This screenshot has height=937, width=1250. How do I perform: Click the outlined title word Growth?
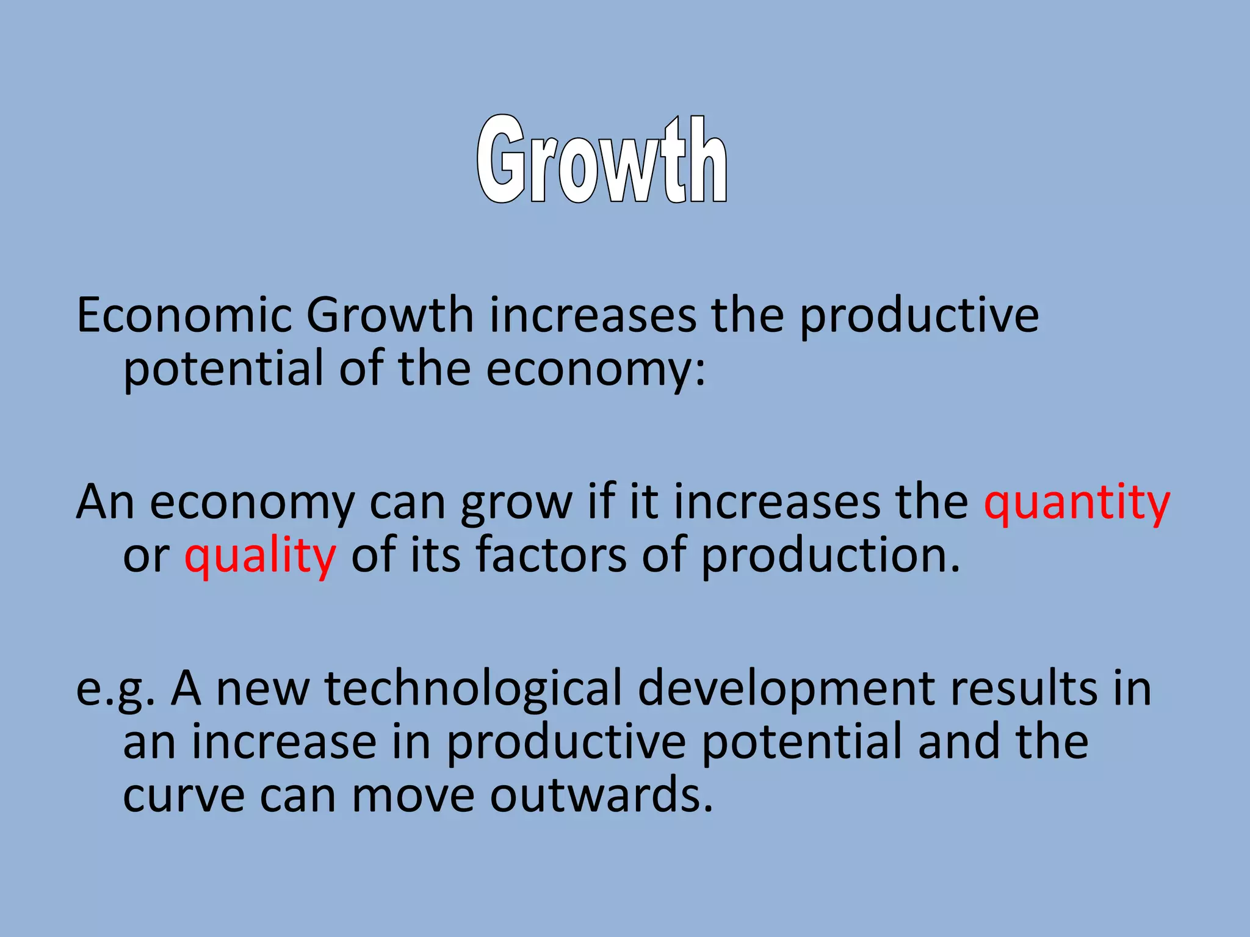point(602,160)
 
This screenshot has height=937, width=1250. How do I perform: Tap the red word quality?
point(260,556)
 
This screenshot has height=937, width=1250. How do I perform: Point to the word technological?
point(473,689)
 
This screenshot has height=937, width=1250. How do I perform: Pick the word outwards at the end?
point(601,795)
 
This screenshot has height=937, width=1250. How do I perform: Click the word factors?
point(551,555)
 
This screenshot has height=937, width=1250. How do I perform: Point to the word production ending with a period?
point(830,556)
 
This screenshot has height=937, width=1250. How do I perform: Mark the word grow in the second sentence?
point(516,504)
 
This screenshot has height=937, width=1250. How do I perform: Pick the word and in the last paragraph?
point(959,742)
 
